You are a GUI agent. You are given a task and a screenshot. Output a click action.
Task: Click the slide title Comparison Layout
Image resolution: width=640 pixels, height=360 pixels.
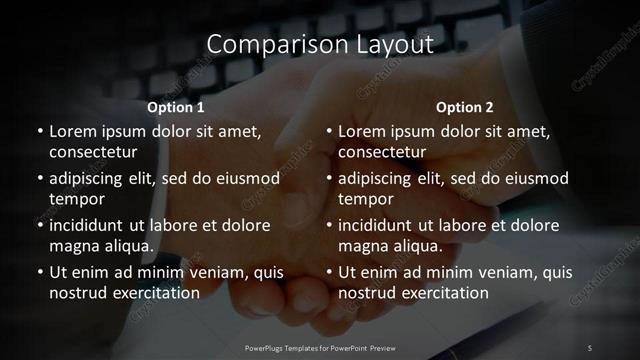click(x=320, y=44)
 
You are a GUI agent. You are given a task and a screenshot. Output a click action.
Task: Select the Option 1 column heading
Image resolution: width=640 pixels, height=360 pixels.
click(x=176, y=106)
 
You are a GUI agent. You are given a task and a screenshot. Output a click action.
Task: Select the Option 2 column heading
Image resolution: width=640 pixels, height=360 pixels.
click(x=465, y=106)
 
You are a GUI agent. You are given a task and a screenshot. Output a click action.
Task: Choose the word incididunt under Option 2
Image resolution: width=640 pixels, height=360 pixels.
click(x=381, y=225)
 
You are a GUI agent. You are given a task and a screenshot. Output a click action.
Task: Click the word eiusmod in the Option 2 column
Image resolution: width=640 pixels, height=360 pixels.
click(x=538, y=178)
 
